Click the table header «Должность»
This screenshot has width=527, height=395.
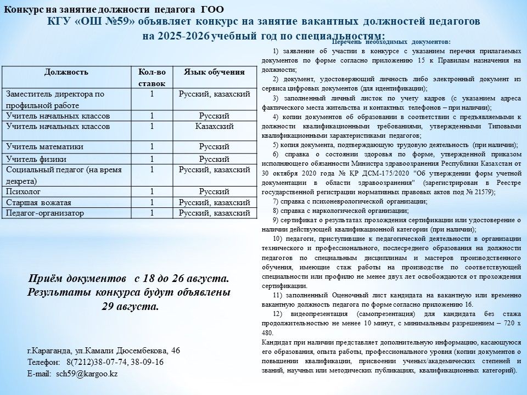66,72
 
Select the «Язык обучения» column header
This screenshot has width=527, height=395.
214,72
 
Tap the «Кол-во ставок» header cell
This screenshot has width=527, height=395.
152,77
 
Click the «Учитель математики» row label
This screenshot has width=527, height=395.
44,146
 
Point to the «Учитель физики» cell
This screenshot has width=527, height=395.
36,159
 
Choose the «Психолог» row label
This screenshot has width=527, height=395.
23,191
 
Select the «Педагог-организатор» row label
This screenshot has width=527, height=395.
45,213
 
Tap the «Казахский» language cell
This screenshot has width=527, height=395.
214,126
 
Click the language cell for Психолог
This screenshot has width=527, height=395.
214,191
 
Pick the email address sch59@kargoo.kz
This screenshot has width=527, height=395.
87,373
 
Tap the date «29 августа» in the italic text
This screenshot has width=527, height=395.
130,306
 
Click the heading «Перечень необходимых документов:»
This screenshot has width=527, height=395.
392,42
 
